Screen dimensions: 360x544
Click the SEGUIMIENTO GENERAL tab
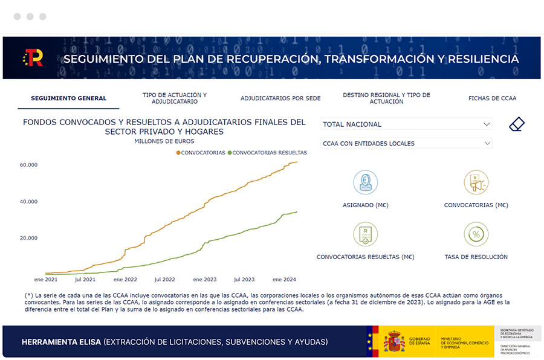point(68,98)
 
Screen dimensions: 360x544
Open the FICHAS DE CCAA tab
point(492,98)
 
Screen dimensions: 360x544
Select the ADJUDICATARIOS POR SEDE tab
point(280,98)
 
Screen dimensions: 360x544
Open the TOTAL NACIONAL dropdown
point(406,124)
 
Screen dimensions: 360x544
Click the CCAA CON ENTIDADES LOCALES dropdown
point(406,144)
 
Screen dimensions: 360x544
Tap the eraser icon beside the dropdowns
point(517,124)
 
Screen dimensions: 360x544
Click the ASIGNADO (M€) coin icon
point(365,182)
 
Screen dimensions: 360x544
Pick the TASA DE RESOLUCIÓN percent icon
point(476,234)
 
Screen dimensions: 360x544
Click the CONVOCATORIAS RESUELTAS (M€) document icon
point(365,234)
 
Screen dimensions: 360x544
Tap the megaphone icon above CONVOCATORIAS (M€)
point(476,182)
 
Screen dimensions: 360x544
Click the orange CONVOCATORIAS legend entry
point(201,153)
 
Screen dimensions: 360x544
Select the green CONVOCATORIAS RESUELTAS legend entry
point(267,153)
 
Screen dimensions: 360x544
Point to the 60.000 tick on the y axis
point(28,165)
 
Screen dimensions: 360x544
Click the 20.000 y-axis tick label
point(28,238)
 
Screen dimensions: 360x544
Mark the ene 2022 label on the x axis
point(125,280)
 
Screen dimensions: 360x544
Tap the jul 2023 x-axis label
point(244,280)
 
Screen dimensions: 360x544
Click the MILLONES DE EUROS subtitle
point(164,141)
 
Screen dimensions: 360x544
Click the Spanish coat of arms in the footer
point(394,342)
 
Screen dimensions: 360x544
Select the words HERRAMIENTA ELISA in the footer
point(61,342)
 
